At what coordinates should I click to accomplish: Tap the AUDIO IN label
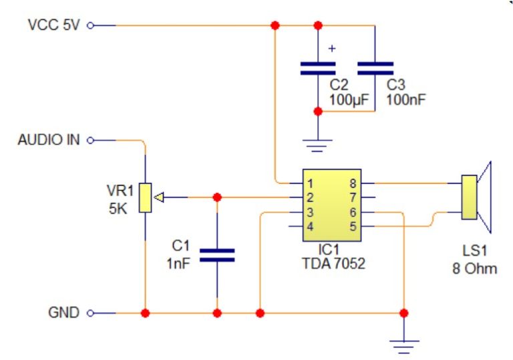pyautogui.click(x=49, y=140)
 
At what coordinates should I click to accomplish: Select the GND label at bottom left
pyautogui.click(x=63, y=313)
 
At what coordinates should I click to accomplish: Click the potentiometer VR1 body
pyautogui.click(x=145, y=198)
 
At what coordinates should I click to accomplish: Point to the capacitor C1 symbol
pyautogui.click(x=217, y=254)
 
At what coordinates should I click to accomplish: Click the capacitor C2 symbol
pyautogui.click(x=317, y=67)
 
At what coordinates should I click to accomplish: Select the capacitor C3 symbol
pyautogui.click(x=375, y=67)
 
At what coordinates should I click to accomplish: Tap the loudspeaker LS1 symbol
pyautogui.click(x=476, y=197)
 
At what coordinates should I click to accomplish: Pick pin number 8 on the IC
pyautogui.click(x=352, y=183)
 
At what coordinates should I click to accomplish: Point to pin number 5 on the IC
pyautogui.click(x=352, y=226)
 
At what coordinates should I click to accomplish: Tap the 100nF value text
pyautogui.click(x=406, y=100)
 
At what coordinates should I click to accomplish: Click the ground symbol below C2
pyautogui.click(x=317, y=142)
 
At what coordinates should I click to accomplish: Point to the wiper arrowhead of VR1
pyautogui.click(x=159, y=198)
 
